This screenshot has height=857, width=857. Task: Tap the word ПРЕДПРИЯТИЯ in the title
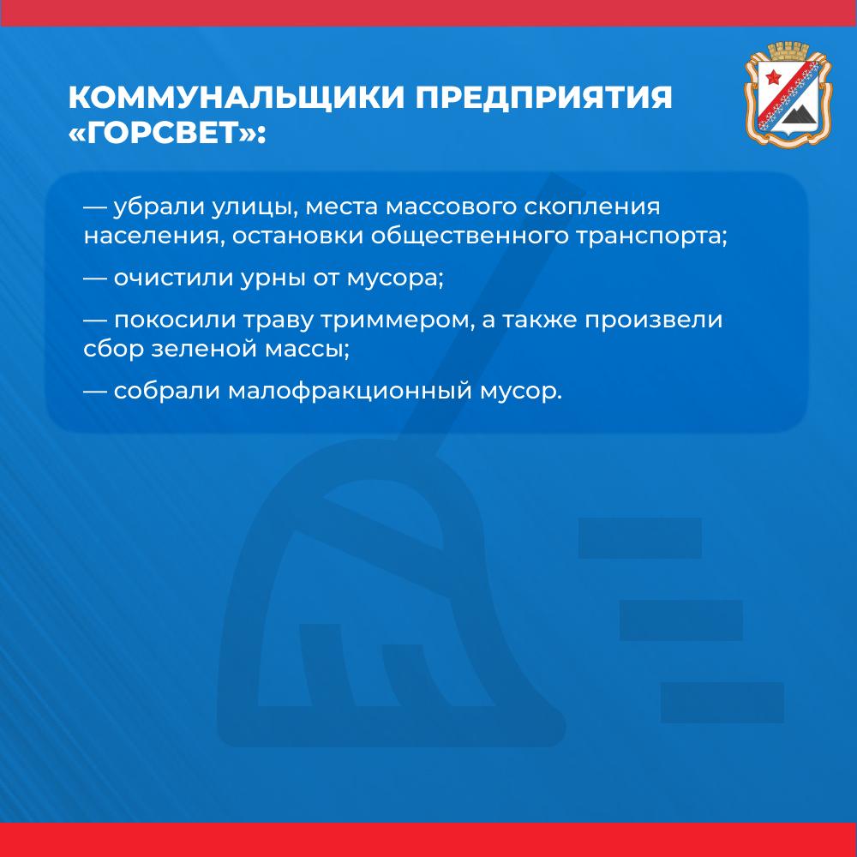click(x=544, y=98)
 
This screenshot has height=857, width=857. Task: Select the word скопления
click(x=592, y=207)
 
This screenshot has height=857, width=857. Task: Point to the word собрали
click(x=167, y=391)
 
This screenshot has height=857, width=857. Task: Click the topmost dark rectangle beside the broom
click(x=639, y=538)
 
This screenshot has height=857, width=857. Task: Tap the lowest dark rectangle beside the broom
click(x=722, y=703)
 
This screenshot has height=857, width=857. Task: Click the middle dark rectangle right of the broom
click(x=681, y=620)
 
